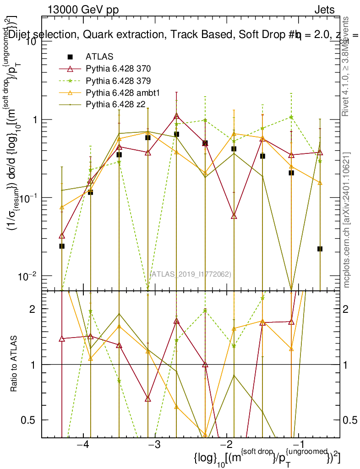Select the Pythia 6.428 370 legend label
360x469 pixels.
tap(118, 69)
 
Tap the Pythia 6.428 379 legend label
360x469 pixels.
tap(118, 81)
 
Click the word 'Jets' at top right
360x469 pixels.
tap(324, 10)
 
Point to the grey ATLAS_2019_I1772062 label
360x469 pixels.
tap(191, 274)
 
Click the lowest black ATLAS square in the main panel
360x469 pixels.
tap(320, 249)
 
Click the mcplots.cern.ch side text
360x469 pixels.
tap(347, 219)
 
